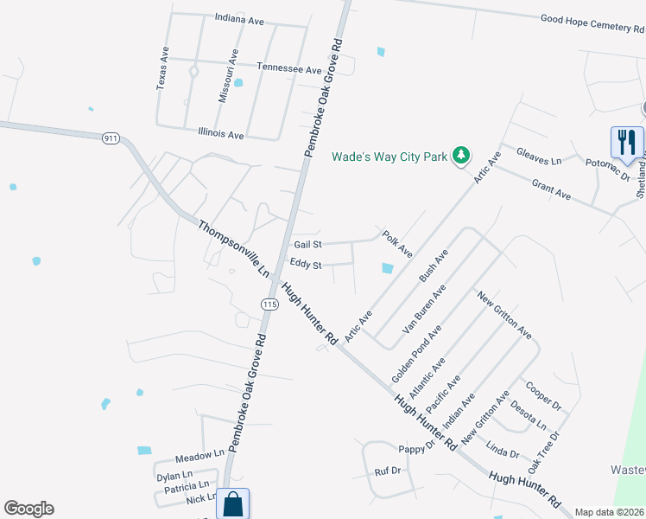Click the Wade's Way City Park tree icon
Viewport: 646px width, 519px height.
click(x=462, y=156)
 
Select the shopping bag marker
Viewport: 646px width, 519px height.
click(x=233, y=503)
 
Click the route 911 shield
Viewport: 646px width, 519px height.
click(x=110, y=138)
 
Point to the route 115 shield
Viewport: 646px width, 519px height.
click(x=269, y=304)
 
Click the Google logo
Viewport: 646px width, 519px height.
click(x=28, y=509)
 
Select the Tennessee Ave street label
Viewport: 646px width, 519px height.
click(x=289, y=68)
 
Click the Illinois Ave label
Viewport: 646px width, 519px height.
click(x=221, y=135)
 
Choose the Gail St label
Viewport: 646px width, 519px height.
click(x=307, y=246)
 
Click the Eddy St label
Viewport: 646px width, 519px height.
click(x=306, y=265)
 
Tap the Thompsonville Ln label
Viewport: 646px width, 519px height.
click(x=234, y=249)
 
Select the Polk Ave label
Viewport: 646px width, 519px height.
click(x=398, y=243)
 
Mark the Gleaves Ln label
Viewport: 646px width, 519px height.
click(x=539, y=156)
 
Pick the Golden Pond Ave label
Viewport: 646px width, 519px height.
click(x=416, y=355)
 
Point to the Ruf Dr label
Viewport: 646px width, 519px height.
click(x=388, y=471)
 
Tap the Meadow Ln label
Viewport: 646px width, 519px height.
click(x=199, y=455)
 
